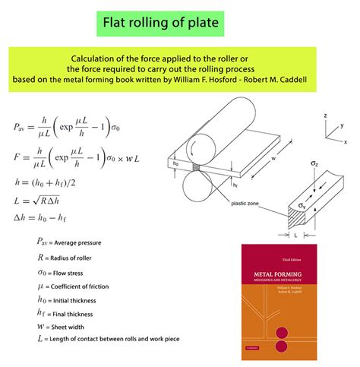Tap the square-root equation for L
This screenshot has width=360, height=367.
point(43,203)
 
